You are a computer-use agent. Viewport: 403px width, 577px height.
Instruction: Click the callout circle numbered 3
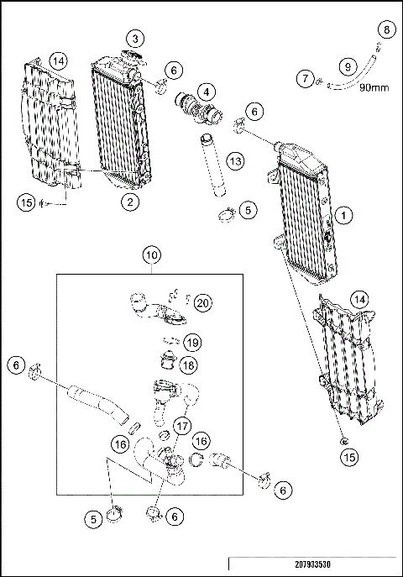(x=136, y=39)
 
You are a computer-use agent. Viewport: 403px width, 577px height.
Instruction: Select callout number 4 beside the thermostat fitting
(x=207, y=92)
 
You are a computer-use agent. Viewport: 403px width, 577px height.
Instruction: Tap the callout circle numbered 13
(x=235, y=160)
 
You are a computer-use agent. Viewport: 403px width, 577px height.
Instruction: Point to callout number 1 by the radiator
(x=343, y=215)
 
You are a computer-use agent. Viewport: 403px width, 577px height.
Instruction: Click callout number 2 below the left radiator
(x=130, y=202)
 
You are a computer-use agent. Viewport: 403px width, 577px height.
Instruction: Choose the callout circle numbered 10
(x=152, y=255)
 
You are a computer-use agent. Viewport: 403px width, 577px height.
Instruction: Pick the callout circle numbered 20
(x=203, y=303)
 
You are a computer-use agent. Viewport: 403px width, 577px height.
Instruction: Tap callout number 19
(x=192, y=343)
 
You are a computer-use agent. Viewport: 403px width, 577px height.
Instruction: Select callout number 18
(x=189, y=365)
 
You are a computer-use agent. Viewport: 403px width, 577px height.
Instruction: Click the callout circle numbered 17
(x=182, y=426)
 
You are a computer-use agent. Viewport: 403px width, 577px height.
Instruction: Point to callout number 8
(x=386, y=29)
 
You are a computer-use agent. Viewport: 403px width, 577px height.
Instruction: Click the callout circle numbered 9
(x=348, y=66)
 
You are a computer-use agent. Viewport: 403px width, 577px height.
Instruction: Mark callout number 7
(x=306, y=78)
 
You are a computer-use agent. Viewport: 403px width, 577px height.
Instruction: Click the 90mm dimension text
(x=374, y=87)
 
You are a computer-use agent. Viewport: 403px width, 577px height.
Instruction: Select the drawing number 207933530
(x=312, y=564)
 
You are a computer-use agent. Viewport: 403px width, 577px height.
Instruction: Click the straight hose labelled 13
(x=212, y=165)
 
